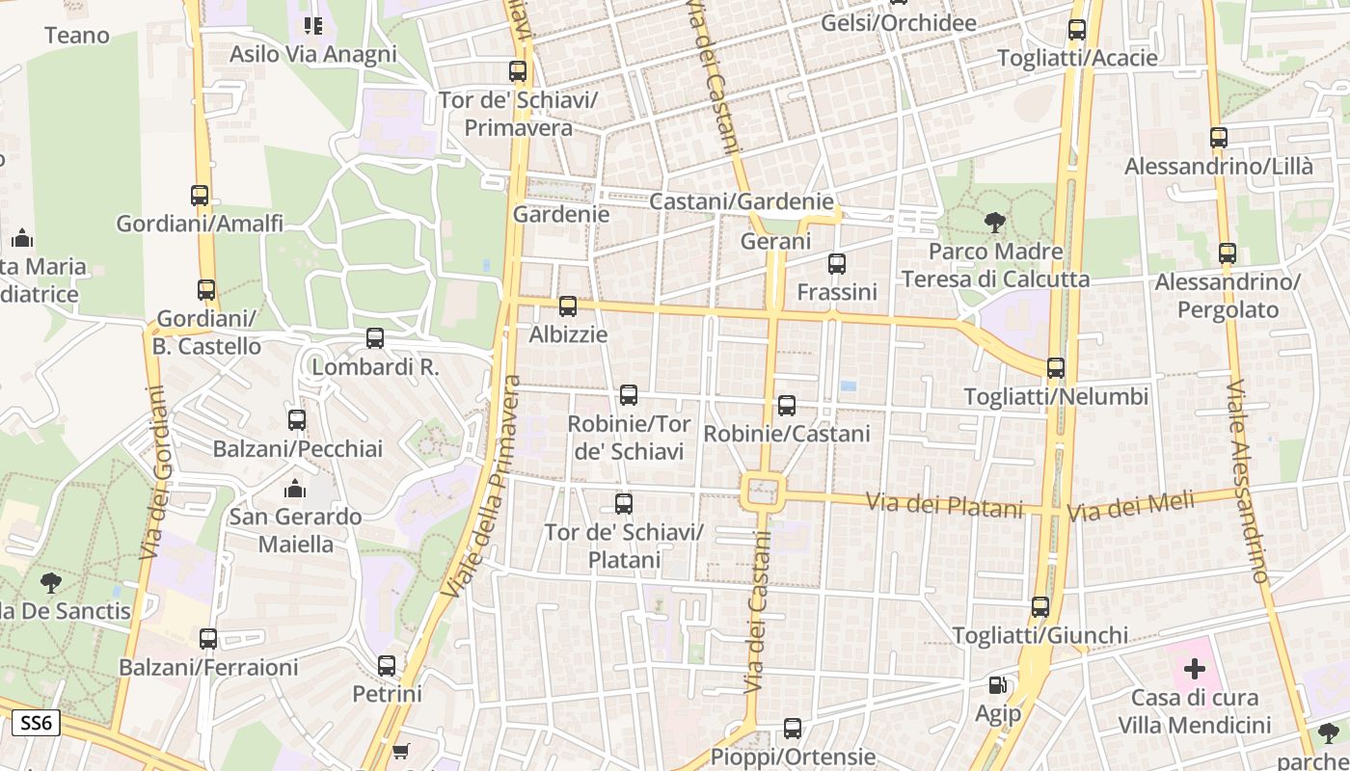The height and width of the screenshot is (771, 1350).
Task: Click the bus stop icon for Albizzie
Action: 568,306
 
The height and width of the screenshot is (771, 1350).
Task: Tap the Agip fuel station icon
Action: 998,685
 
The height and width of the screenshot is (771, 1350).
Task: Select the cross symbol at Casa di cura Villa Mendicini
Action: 1195,668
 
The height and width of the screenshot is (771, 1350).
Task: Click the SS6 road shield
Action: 37,723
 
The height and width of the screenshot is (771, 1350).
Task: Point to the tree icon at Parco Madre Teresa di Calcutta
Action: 994,223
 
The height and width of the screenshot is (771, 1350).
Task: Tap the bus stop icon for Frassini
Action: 836,263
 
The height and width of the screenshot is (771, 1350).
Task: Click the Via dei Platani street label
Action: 943,505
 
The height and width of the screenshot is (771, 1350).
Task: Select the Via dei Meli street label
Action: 1130,506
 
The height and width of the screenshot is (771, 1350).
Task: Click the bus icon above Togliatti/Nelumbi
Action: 1056,367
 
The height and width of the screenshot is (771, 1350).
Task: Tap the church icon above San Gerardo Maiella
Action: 295,489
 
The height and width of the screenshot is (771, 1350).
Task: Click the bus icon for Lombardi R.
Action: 375,338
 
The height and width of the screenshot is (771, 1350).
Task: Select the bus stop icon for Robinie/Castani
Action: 787,406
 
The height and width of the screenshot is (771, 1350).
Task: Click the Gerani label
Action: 775,241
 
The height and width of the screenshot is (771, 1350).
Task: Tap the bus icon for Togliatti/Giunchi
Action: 1039,607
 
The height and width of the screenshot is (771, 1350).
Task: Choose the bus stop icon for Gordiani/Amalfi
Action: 200,196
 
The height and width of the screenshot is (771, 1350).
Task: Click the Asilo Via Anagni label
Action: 312,54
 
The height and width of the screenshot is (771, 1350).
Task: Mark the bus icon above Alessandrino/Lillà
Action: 1219,138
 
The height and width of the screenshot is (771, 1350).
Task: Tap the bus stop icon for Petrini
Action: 387,665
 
